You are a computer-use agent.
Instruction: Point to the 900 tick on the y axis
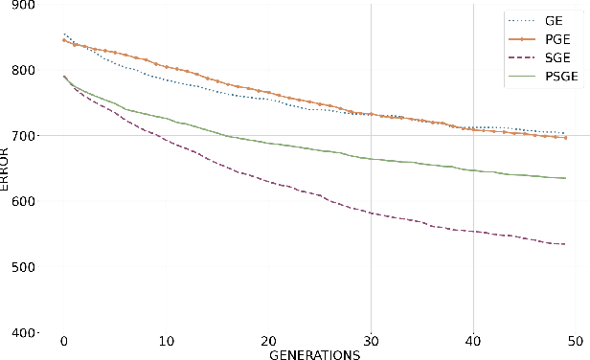click(x=19, y=6)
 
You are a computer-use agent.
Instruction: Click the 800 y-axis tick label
click(x=19, y=70)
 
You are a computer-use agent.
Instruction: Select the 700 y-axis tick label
click(x=19, y=136)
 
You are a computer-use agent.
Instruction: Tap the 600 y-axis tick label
click(x=19, y=201)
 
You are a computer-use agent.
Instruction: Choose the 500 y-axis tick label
click(x=19, y=267)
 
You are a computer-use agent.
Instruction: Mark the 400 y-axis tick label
click(x=19, y=333)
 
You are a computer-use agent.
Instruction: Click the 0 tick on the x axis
click(x=63, y=342)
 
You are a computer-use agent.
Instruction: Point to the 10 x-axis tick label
click(x=166, y=342)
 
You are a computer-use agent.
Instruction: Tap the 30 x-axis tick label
click(x=371, y=342)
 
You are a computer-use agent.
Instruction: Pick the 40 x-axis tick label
click(x=473, y=342)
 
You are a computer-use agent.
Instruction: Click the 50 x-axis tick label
click(x=576, y=342)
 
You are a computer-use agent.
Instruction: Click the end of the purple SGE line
click(x=565, y=243)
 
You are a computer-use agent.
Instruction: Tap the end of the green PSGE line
click(x=565, y=178)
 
